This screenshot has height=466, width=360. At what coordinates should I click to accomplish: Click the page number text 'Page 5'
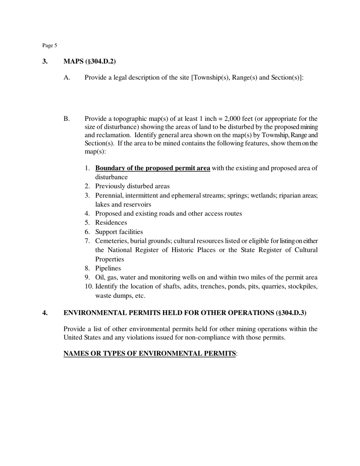tap(50, 45)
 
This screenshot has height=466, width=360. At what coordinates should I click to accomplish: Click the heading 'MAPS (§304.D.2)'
tap(89, 61)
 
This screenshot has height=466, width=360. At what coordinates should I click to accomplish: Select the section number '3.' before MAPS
tap(45, 61)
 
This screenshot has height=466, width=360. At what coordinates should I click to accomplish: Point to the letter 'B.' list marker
tap(67, 119)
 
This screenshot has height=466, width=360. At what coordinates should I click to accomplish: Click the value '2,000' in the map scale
tap(235, 119)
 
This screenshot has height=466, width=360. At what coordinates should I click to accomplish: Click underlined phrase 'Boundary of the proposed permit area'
tap(152, 168)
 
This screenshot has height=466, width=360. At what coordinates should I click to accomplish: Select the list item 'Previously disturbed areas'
tap(132, 186)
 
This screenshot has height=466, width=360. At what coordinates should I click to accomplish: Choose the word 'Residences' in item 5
tap(111, 223)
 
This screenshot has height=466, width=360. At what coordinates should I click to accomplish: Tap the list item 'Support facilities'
tap(119, 232)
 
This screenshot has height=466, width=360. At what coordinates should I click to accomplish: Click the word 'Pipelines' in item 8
tap(108, 268)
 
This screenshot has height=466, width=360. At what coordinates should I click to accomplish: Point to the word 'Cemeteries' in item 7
tap(111, 241)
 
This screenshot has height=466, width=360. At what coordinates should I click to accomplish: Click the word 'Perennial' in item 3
tap(108, 195)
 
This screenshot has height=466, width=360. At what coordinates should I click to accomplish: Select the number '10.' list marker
tap(89, 286)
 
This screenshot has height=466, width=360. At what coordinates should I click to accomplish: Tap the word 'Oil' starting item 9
tap(100, 277)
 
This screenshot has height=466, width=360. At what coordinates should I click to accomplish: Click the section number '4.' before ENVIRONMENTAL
tap(45, 313)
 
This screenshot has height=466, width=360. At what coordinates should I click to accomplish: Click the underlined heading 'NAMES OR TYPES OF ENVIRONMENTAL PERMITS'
tap(149, 353)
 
